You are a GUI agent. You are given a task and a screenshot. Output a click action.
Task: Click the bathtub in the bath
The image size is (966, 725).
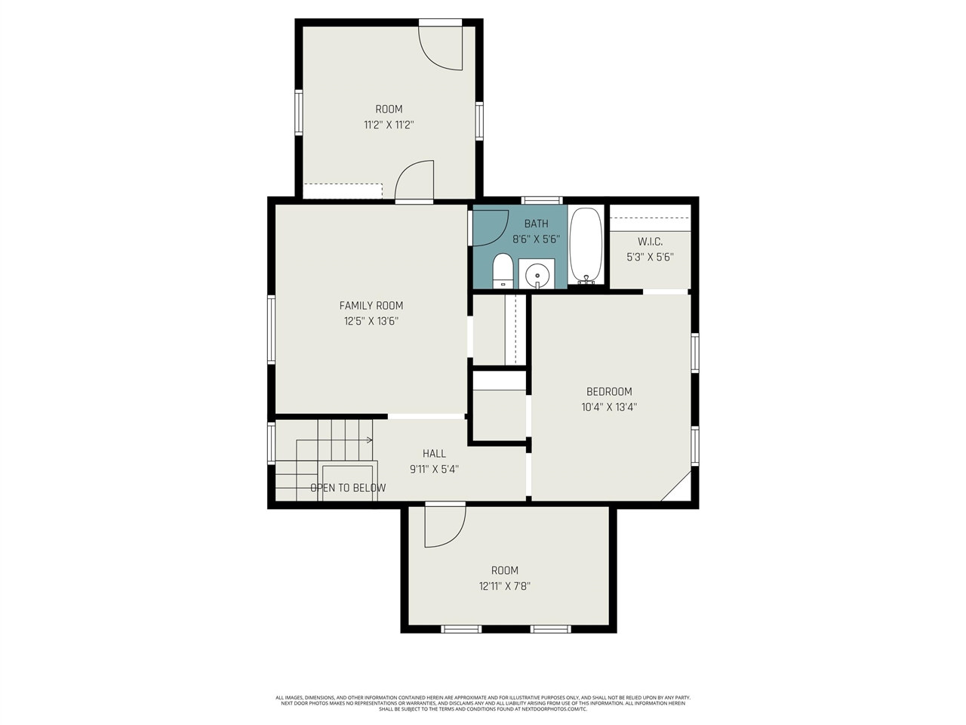click(x=586, y=245)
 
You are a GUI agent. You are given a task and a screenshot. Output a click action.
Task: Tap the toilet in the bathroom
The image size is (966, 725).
click(x=503, y=271)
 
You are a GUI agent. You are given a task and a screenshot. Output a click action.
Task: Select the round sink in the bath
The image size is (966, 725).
click(x=537, y=273)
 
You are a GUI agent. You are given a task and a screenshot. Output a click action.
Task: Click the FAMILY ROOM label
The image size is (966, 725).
click(x=371, y=305)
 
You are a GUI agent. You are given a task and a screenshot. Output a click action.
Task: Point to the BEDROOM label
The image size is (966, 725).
click(x=609, y=391)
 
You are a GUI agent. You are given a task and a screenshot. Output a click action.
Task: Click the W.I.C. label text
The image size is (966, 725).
click(x=650, y=242)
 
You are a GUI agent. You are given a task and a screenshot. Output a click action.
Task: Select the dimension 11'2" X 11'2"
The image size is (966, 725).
click(x=389, y=125)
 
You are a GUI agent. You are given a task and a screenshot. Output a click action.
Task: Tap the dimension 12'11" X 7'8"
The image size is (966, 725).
click(x=504, y=586)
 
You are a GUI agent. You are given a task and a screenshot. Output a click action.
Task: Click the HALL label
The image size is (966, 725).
click(x=434, y=453)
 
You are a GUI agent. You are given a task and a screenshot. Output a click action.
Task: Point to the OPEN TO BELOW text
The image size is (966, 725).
click(x=348, y=488)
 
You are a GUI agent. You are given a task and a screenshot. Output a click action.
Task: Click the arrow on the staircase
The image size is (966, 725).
click(x=368, y=440)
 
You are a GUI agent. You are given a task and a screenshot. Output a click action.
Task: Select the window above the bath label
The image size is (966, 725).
click(x=543, y=200)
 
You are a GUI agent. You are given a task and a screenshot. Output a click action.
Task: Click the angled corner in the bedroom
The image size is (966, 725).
click(x=676, y=486)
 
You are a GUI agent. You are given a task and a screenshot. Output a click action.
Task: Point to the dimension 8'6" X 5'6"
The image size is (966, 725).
click(x=536, y=239)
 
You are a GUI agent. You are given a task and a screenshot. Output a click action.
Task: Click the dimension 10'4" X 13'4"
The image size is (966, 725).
click(x=609, y=407)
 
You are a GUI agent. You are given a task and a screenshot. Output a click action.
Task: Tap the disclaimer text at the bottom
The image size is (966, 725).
click(x=483, y=703)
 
